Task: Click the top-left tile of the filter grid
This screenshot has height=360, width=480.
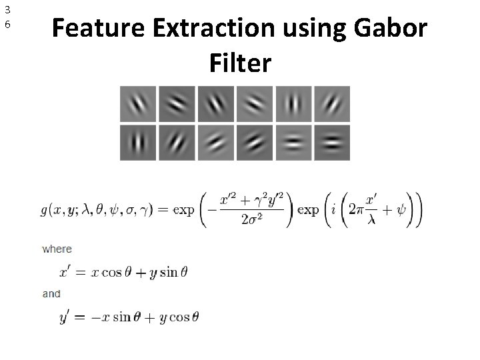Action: point(138,104)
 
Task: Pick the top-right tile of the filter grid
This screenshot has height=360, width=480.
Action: point(331,104)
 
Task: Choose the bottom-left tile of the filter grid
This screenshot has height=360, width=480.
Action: point(138,142)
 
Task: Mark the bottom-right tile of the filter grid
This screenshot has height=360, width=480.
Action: point(331,142)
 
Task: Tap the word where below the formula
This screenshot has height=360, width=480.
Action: point(57,249)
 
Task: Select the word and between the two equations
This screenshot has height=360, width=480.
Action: point(51,293)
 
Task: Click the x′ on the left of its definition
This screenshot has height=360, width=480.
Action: point(67,271)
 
